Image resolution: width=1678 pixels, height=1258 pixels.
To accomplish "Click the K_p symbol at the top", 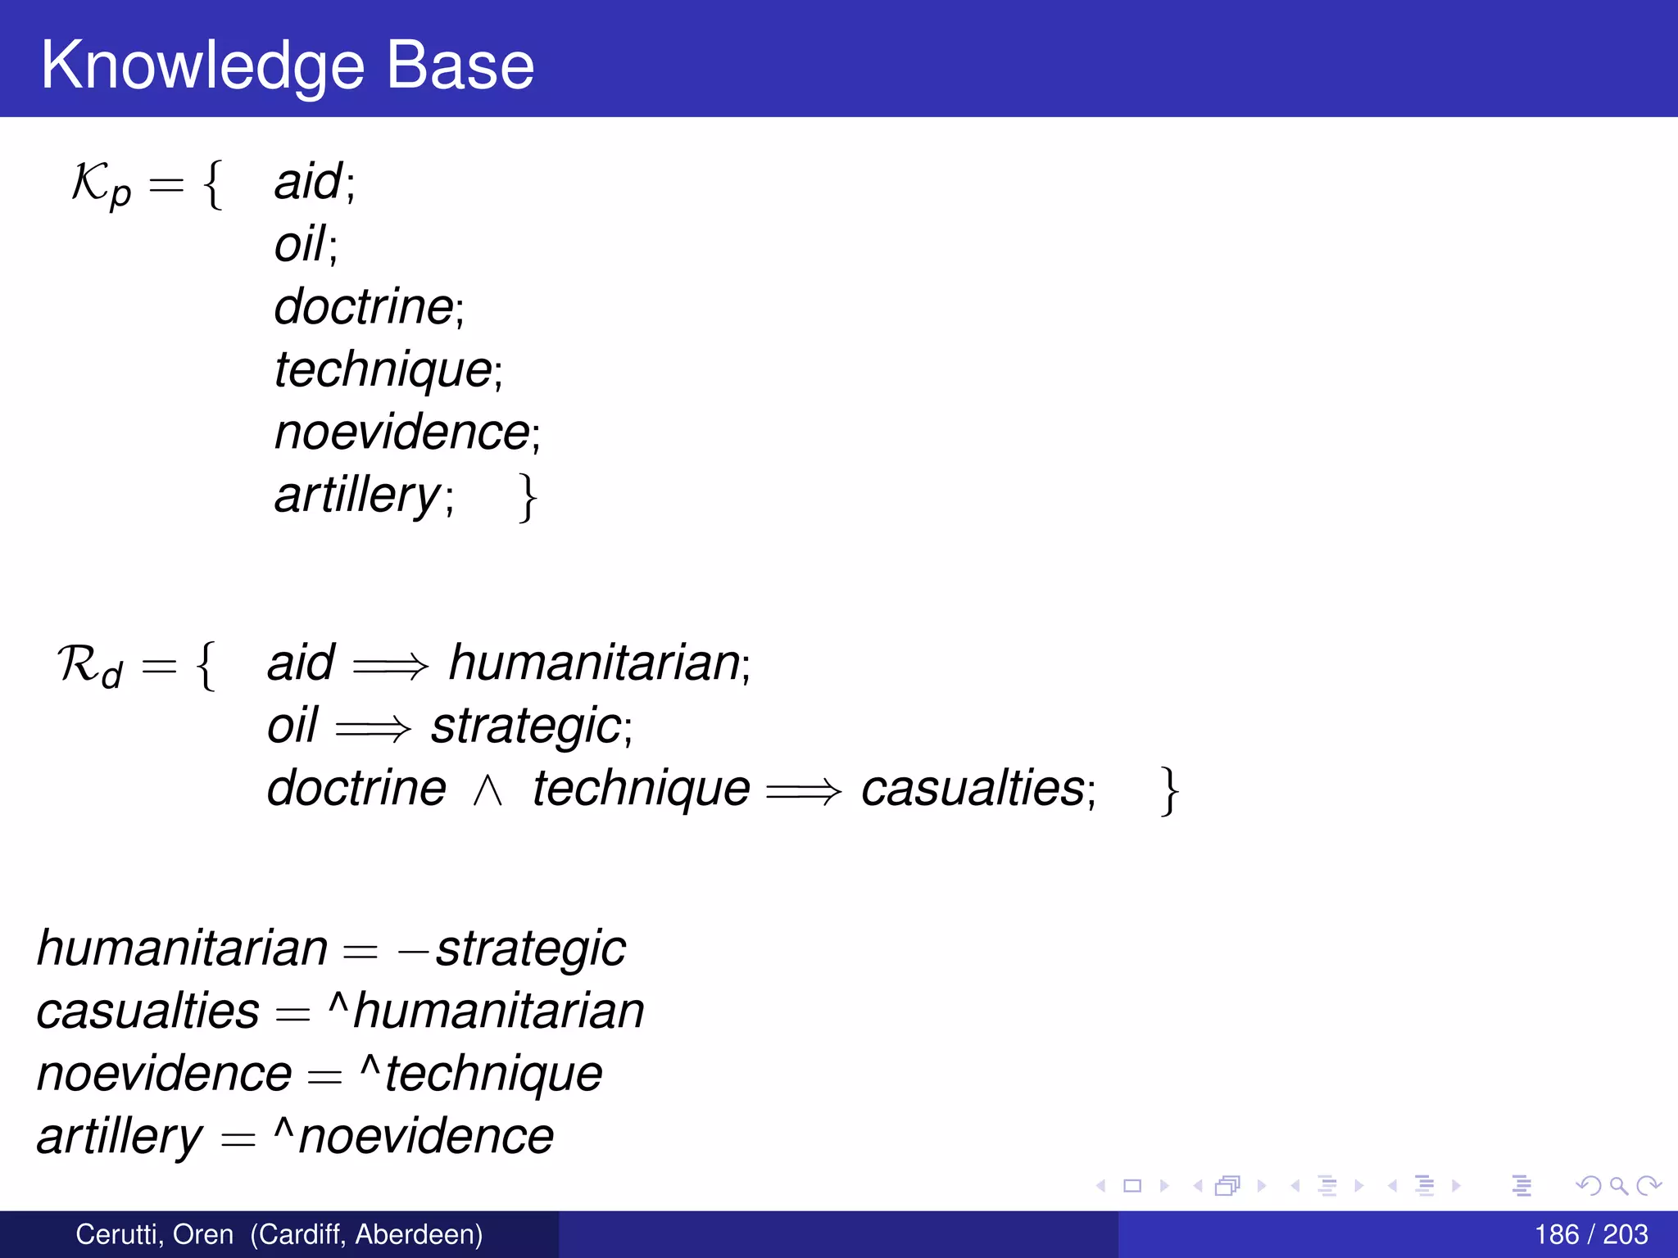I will [x=101, y=183].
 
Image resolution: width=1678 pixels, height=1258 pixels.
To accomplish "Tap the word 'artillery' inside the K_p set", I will [x=358, y=495].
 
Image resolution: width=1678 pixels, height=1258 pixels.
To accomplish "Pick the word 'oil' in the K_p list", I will [x=300, y=244].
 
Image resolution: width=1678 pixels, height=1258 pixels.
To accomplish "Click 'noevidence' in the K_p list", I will [x=402, y=432].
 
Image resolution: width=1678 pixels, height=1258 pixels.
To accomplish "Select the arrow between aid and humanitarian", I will [x=390, y=665].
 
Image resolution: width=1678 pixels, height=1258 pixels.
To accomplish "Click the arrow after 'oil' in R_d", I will [x=373, y=728].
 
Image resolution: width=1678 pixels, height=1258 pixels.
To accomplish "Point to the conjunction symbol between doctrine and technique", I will [x=488, y=791].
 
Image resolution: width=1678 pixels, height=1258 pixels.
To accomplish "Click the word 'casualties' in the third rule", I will [x=973, y=789].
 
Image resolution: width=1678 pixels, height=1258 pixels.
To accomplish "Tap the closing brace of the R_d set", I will [x=1169, y=791].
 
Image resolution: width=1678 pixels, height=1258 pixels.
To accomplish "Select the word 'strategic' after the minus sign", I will [x=530, y=949].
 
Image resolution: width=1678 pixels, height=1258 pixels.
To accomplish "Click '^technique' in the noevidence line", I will [x=482, y=1074].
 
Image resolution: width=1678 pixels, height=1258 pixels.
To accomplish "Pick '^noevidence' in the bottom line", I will [x=415, y=1137].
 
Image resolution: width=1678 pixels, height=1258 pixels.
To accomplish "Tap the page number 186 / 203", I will [x=1590, y=1234].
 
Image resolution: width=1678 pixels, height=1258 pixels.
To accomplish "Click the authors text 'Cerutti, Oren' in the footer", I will [x=154, y=1234].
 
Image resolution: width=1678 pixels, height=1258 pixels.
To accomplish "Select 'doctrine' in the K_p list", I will [x=364, y=307].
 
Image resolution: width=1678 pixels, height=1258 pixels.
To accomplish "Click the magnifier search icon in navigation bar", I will [x=1618, y=1185].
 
